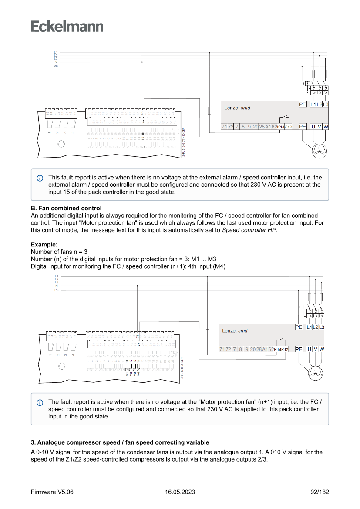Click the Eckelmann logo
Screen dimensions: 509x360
point(67,26)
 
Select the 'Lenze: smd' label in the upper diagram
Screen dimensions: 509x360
point(237,108)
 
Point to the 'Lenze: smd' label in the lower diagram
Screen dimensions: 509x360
point(235,330)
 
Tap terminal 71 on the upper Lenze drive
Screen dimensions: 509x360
point(224,127)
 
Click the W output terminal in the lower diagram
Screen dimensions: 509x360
point(321,349)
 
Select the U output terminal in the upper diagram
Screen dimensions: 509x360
point(313,127)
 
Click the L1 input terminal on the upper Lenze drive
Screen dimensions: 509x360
point(313,104)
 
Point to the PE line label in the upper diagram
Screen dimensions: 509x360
point(56,66)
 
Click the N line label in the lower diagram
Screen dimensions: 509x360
point(57,286)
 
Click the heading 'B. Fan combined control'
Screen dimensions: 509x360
point(66,209)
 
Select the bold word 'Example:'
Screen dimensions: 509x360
point(44,245)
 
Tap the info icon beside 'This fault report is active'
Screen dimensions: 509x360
point(40,178)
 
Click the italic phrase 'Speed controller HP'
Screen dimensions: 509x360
point(249,230)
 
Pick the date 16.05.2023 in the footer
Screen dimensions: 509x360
point(180,492)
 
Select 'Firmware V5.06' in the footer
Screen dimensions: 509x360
point(52,492)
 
